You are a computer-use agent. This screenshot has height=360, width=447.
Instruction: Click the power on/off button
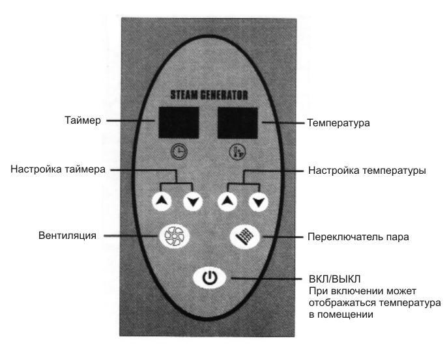point(210,277)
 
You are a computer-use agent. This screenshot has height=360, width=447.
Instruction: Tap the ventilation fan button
point(174,236)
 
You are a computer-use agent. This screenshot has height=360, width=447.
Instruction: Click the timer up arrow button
point(162,201)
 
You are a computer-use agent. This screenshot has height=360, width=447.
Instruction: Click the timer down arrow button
point(193,201)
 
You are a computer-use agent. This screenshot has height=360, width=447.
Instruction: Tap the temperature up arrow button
point(227,201)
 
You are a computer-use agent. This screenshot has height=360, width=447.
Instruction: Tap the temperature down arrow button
point(258,202)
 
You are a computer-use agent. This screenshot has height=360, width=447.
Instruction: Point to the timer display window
point(179,122)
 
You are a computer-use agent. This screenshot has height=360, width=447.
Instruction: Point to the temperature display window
point(238,123)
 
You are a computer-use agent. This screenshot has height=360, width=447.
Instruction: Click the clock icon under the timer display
point(179,151)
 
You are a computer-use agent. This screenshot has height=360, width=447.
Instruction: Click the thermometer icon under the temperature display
point(237,152)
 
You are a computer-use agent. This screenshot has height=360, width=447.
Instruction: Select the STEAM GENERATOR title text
point(209,95)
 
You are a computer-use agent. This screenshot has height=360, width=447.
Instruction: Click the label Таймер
point(83,120)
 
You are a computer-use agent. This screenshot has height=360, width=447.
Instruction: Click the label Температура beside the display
point(338,123)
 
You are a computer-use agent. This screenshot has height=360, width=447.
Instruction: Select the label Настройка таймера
point(58,169)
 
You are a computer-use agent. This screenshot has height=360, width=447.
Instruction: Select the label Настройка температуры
point(368,171)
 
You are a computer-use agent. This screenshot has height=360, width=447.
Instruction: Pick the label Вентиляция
point(67,236)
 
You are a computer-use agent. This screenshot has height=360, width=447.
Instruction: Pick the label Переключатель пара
point(358,237)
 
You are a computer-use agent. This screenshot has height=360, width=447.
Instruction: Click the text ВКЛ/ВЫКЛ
point(335,279)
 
